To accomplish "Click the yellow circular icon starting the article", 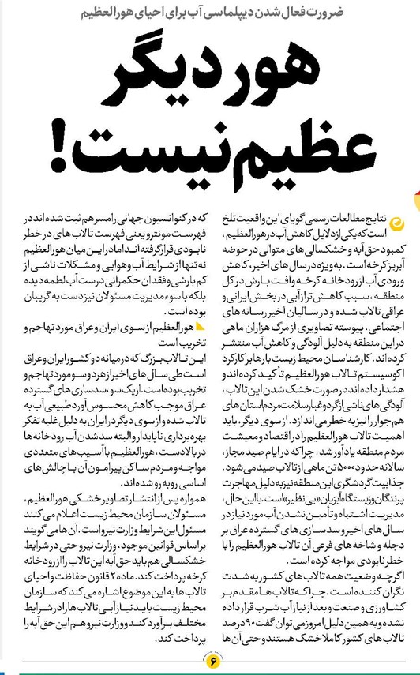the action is pos(399,223).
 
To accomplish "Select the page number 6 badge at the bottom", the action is pos(210,658).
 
